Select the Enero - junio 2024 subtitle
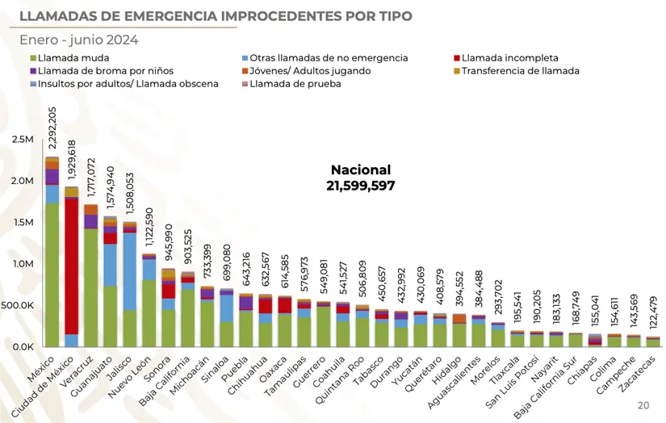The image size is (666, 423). tap(79, 40)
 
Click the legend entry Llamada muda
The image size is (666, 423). tap(73, 58)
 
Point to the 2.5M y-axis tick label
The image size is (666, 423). tap(16, 140)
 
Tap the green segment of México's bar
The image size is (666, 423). tap(52, 274)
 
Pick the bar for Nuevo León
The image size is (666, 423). tap(149, 301)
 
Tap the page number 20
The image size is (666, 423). tap(643, 404)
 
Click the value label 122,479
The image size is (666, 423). tap(653, 312)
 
